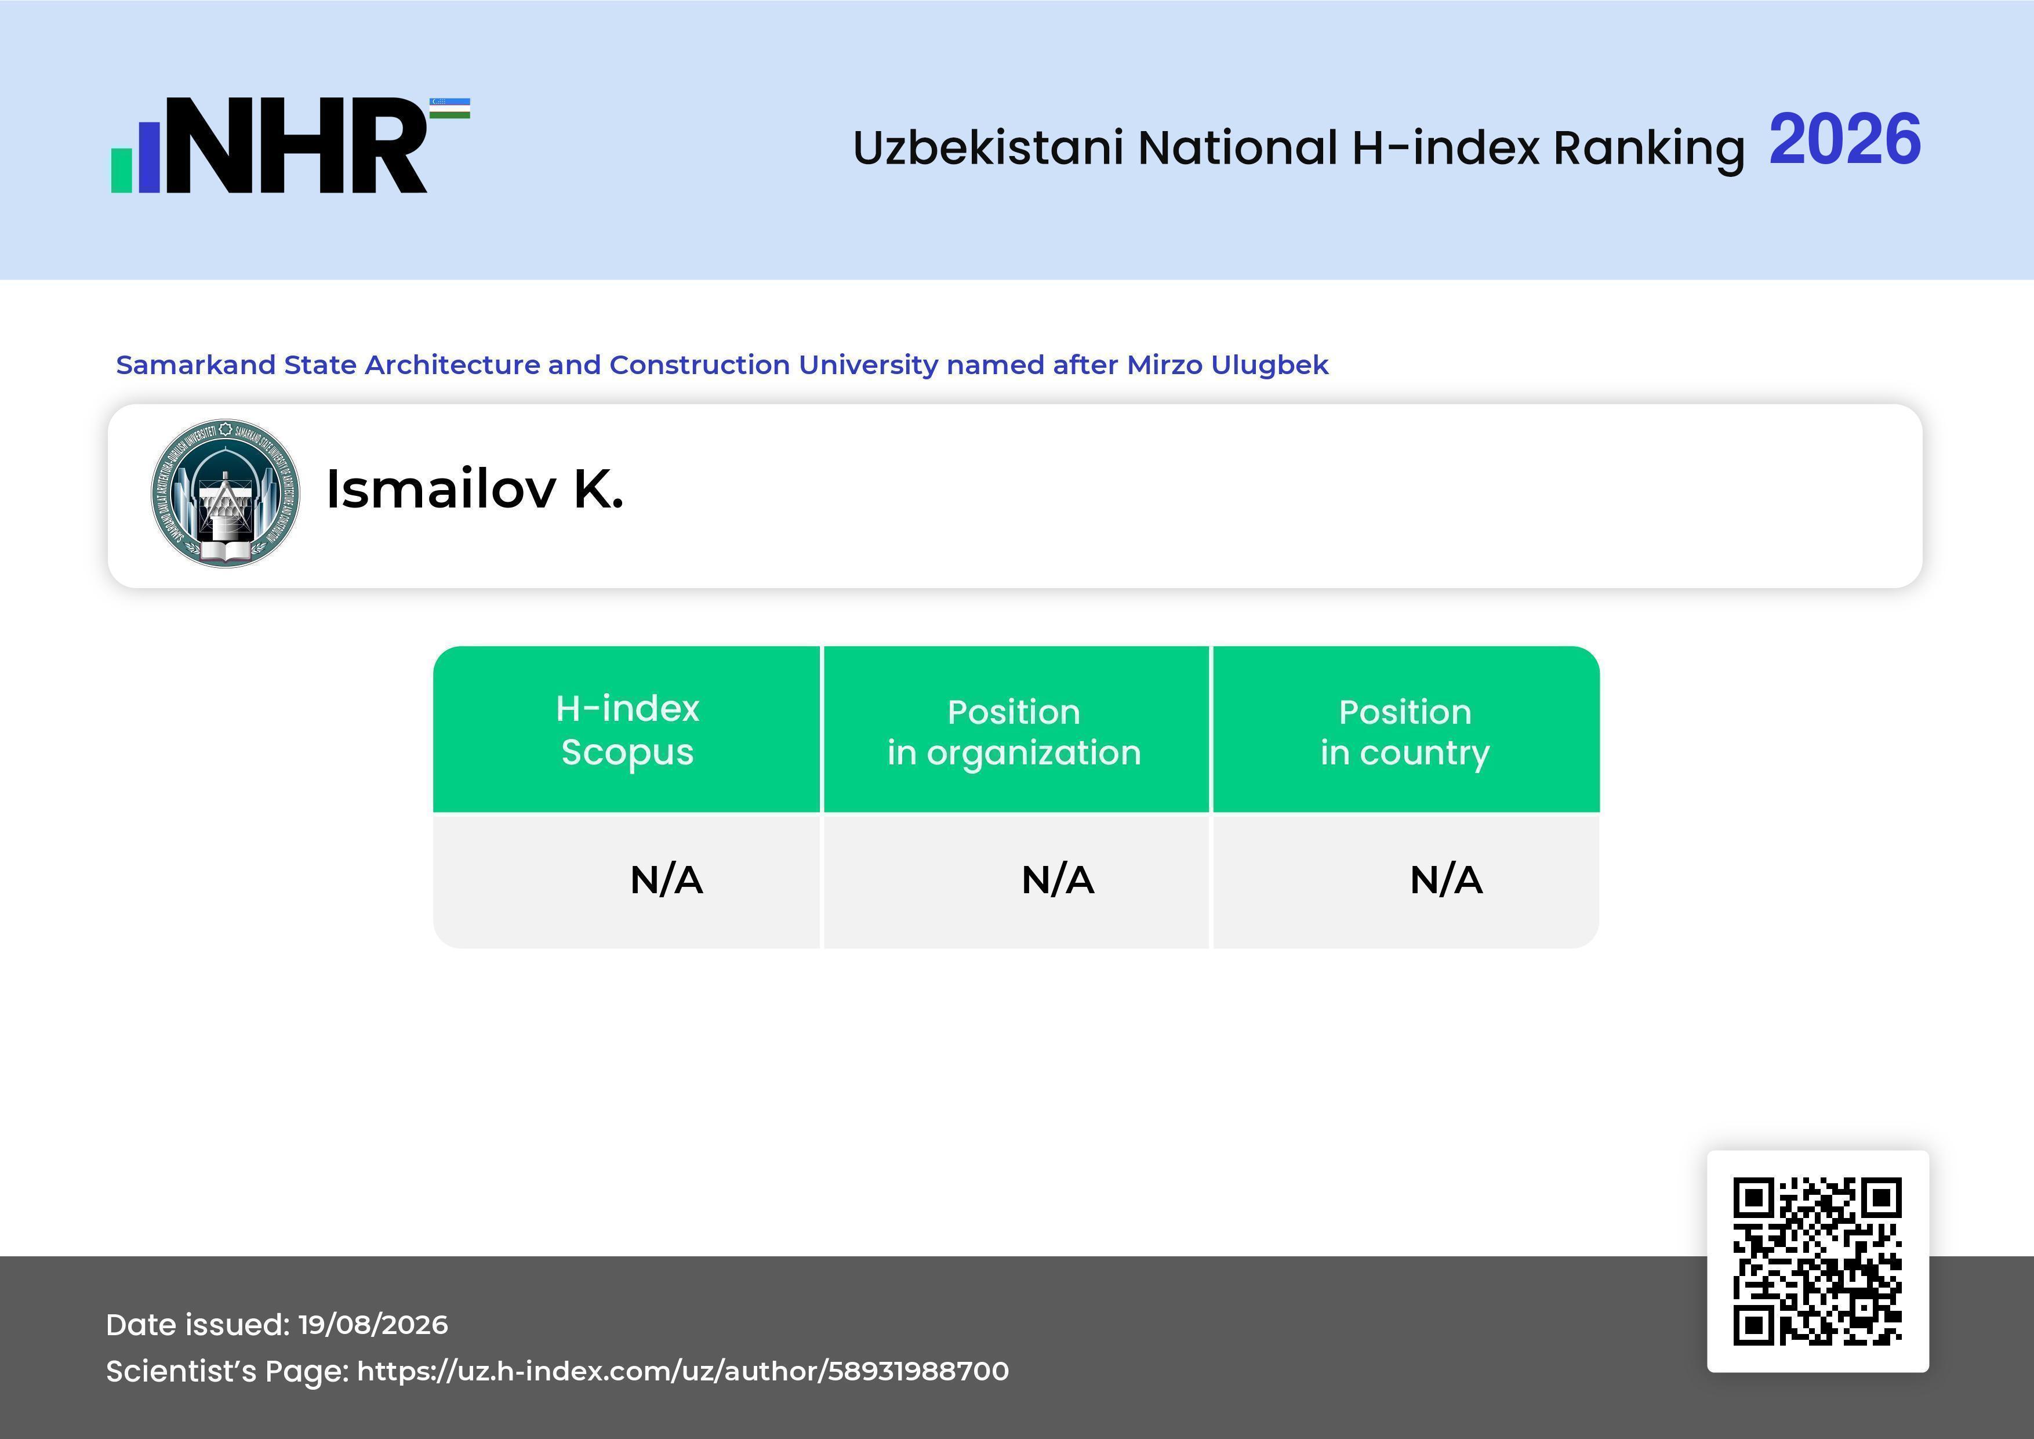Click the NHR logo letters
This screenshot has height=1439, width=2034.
tap(297, 146)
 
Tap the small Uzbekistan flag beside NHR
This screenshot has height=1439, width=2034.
tap(450, 108)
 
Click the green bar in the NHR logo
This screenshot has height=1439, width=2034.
tap(121, 169)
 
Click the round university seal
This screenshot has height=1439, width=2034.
tap(225, 494)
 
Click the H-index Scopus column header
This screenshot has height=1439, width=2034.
tap(627, 730)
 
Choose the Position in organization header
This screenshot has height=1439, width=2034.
tap(1014, 732)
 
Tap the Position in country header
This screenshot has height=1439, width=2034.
tap(1405, 732)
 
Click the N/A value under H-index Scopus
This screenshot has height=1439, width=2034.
tap(666, 880)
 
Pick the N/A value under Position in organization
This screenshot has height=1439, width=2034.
tap(1058, 880)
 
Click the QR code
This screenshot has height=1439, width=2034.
tap(1818, 1261)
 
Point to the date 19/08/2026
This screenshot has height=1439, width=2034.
tap(373, 1325)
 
